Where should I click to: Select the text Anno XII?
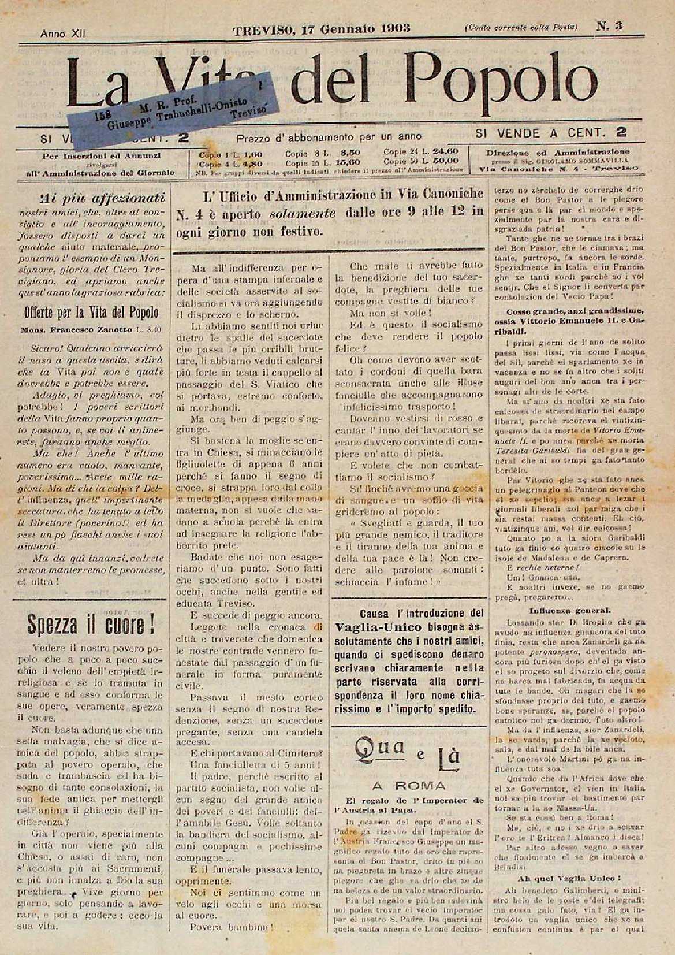(x=62, y=34)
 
